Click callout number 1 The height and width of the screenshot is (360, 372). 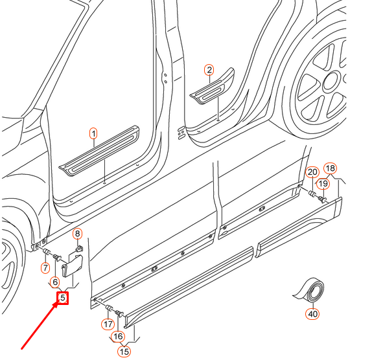(94, 133)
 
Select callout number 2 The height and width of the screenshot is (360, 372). (209, 70)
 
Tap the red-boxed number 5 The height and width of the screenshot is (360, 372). (63, 298)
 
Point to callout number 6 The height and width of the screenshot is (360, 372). (55, 282)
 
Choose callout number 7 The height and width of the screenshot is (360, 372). (45, 268)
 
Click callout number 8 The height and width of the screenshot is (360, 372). (78, 234)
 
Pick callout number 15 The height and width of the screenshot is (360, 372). (124, 352)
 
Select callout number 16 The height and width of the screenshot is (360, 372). (118, 336)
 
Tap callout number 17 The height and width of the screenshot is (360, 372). (108, 324)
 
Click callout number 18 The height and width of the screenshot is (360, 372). (331, 168)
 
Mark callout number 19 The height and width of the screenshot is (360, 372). (323, 183)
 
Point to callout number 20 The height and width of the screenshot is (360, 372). (312, 172)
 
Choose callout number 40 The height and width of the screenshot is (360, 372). (312, 314)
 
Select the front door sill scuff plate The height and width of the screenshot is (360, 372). (99, 150)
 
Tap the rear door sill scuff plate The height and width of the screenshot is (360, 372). (213, 87)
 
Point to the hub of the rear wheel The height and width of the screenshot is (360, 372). (331, 82)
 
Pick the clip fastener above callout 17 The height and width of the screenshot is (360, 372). (109, 308)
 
